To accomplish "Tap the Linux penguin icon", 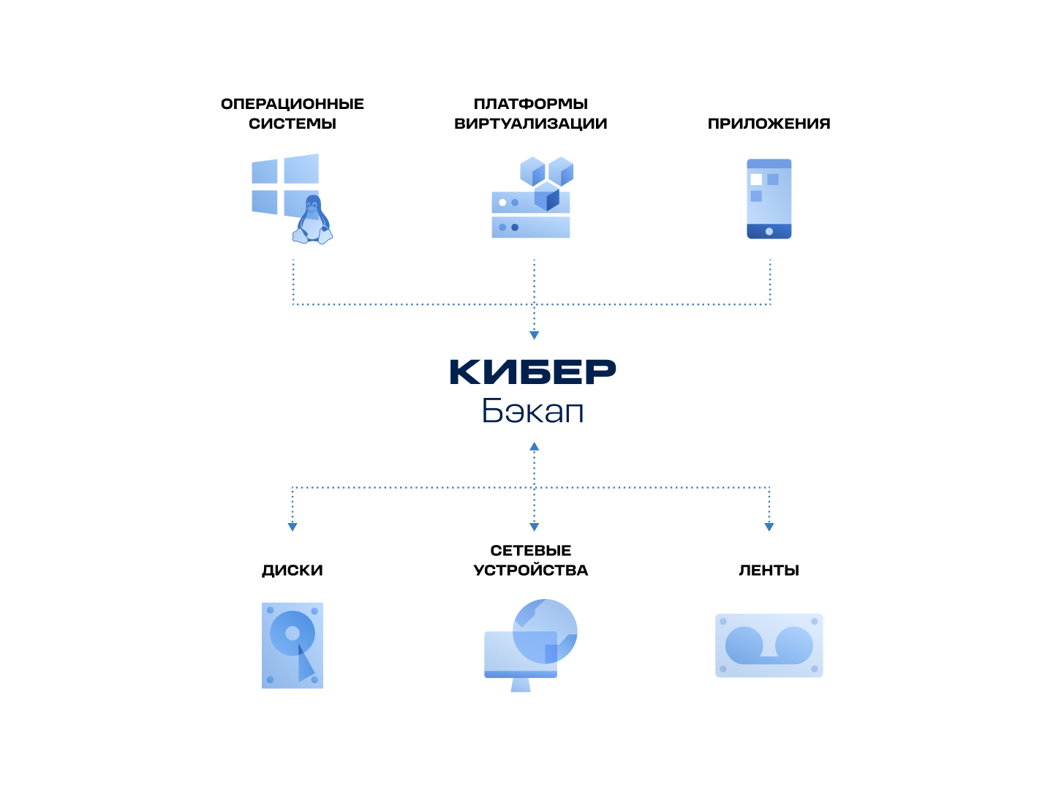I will [313, 221].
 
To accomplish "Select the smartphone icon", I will [769, 199].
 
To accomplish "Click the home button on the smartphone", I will [769, 231].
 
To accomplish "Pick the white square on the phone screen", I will [756, 179].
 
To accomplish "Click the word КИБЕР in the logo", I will [532, 372].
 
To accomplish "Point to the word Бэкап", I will [532, 411].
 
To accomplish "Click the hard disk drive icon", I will [292, 645].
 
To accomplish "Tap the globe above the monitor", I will [546, 631].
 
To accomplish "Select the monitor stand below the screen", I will [521, 685].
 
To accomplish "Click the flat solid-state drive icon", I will [769, 645].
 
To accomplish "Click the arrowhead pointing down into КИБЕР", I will [535, 335].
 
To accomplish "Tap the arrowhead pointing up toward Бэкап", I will [535, 446].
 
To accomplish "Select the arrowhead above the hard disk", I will [292, 527].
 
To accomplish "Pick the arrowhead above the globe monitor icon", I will [535, 527].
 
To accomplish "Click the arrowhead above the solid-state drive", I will [769, 527].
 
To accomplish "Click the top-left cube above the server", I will [532, 171].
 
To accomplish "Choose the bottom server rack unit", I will [531, 227].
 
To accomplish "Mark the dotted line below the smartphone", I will [770, 282].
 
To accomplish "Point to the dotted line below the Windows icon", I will [293, 282].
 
